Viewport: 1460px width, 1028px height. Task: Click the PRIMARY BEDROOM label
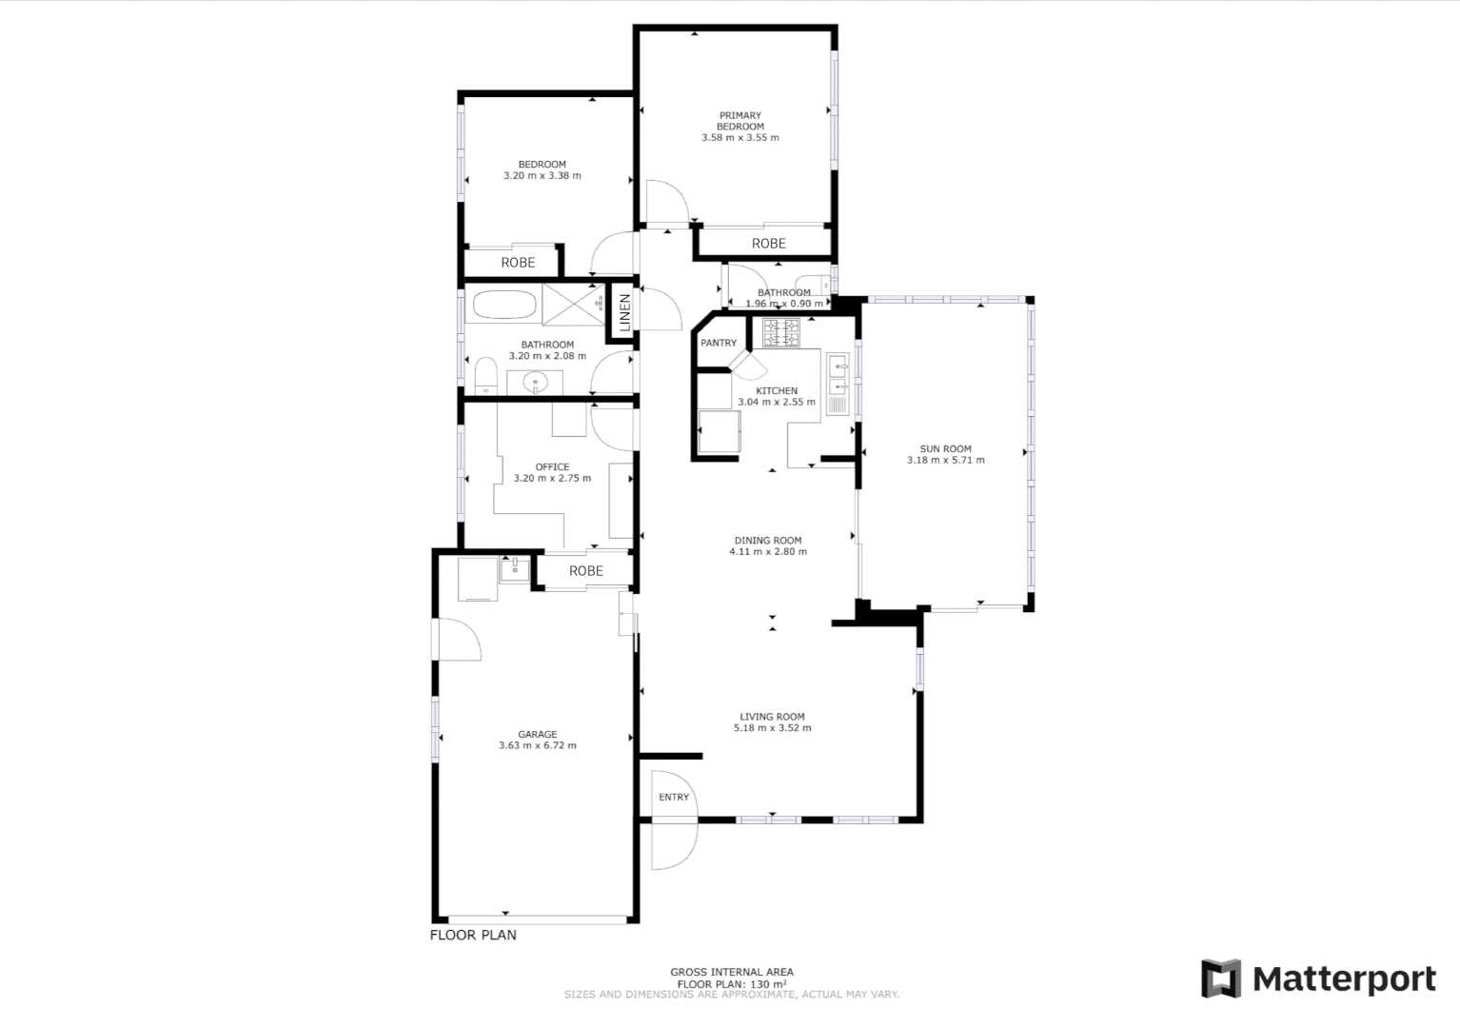[740, 121]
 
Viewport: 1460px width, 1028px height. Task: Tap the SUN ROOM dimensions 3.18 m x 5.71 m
[945, 461]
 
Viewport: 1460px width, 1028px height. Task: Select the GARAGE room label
[537, 734]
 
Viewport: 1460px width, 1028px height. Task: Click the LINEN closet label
[624, 311]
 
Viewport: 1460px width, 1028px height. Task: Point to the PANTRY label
[719, 343]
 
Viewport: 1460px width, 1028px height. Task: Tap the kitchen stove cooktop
[780, 332]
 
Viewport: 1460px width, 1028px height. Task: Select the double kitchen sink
[838, 375]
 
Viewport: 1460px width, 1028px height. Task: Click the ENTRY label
[673, 798]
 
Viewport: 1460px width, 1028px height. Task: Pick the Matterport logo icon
[1221, 979]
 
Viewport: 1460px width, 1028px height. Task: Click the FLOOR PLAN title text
[473, 935]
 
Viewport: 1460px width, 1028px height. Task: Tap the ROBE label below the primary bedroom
[768, 244]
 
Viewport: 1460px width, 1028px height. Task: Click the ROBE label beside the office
[585, 571]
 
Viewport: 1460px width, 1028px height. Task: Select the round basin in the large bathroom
[535, 384]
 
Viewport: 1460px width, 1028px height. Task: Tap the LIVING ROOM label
[772, 717]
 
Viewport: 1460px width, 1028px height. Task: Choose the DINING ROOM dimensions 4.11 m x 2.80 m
[767, 551]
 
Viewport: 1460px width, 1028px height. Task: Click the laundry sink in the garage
[515, 569]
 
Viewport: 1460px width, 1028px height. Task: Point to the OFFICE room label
[552, 467]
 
